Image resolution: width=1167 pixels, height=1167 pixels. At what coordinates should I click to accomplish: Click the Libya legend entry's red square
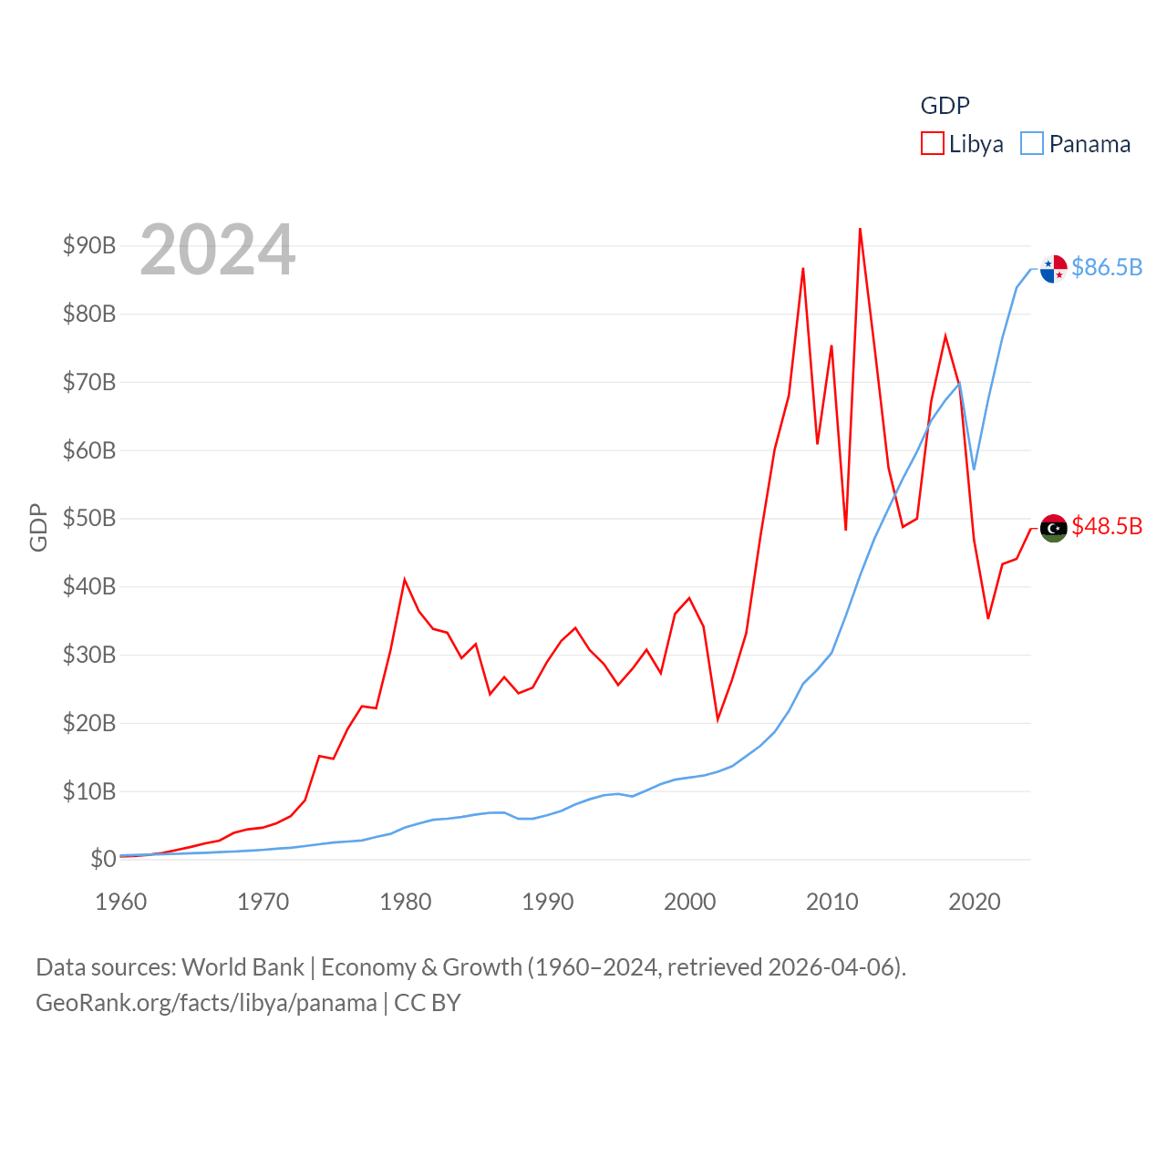(932, 144)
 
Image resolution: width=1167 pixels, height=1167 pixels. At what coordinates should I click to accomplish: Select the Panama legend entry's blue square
(1031, 144)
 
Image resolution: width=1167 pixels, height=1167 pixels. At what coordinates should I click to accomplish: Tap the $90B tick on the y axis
(89, 245)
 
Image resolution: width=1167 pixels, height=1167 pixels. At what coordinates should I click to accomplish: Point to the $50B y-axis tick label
(89, 518)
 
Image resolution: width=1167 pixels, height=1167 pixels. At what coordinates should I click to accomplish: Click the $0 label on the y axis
(103, 859)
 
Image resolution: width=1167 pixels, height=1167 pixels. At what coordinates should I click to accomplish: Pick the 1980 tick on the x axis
(405, 902)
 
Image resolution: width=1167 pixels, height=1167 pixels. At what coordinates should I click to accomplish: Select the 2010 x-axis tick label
(831, 902)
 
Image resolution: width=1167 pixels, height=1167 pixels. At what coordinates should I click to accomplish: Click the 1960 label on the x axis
(120, 902)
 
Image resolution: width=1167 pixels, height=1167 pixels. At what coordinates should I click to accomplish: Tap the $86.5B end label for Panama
(1107, 267)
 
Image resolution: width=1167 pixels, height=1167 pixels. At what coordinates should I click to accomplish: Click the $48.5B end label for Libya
(1107, 526)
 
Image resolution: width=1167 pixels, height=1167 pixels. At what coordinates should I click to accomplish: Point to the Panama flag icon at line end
(1053, 269)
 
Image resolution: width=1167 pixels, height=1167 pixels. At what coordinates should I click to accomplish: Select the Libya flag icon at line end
(1053, 528)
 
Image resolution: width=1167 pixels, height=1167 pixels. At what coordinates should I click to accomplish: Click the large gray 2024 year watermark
(218, 250)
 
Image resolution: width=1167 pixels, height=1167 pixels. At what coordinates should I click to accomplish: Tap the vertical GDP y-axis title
(38, 527)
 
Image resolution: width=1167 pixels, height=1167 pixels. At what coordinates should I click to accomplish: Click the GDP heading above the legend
(945, 106)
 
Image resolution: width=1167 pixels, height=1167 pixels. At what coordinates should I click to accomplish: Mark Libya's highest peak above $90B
(860, 230)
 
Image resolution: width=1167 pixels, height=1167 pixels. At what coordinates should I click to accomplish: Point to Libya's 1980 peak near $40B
(405, 580)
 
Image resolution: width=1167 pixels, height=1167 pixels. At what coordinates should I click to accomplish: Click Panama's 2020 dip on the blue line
(974, 469)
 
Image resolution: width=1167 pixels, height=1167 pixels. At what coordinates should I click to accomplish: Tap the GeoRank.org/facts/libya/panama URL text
(206, 1003)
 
